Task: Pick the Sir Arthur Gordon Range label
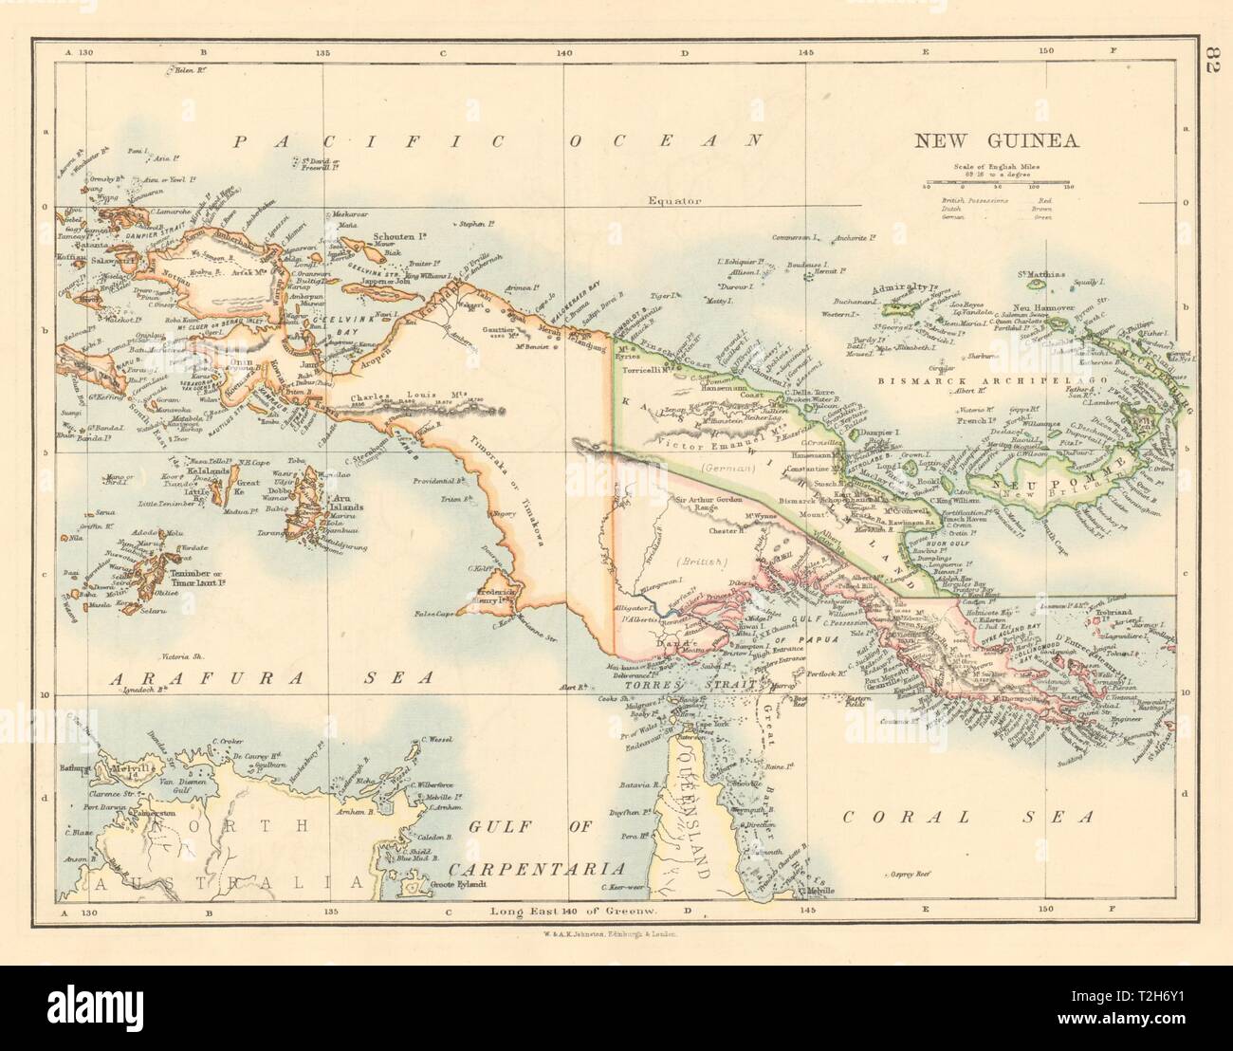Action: tap(697, 502)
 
